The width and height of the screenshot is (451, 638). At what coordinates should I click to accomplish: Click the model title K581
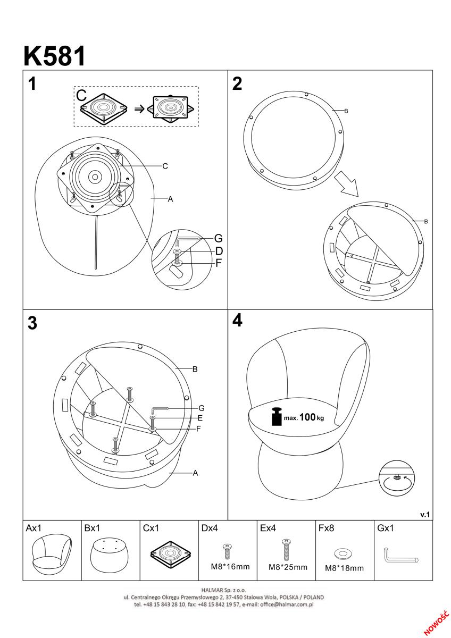point(54,56)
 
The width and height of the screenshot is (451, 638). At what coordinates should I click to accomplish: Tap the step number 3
point(32,323)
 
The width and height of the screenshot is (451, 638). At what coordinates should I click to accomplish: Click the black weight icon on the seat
point(276,417)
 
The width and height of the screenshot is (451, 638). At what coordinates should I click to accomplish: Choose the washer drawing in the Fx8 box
point(343,554)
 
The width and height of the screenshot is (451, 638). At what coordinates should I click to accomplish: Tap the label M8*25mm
point(287,567)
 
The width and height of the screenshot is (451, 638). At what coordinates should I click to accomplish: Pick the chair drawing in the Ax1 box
point(51,554)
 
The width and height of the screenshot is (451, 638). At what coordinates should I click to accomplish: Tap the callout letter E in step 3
point(201,418)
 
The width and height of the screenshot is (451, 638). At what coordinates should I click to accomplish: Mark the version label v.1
point(425,514)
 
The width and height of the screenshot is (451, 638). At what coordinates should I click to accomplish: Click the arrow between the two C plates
point(139,108)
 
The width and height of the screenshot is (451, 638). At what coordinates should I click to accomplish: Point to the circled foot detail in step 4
point(396,479)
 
